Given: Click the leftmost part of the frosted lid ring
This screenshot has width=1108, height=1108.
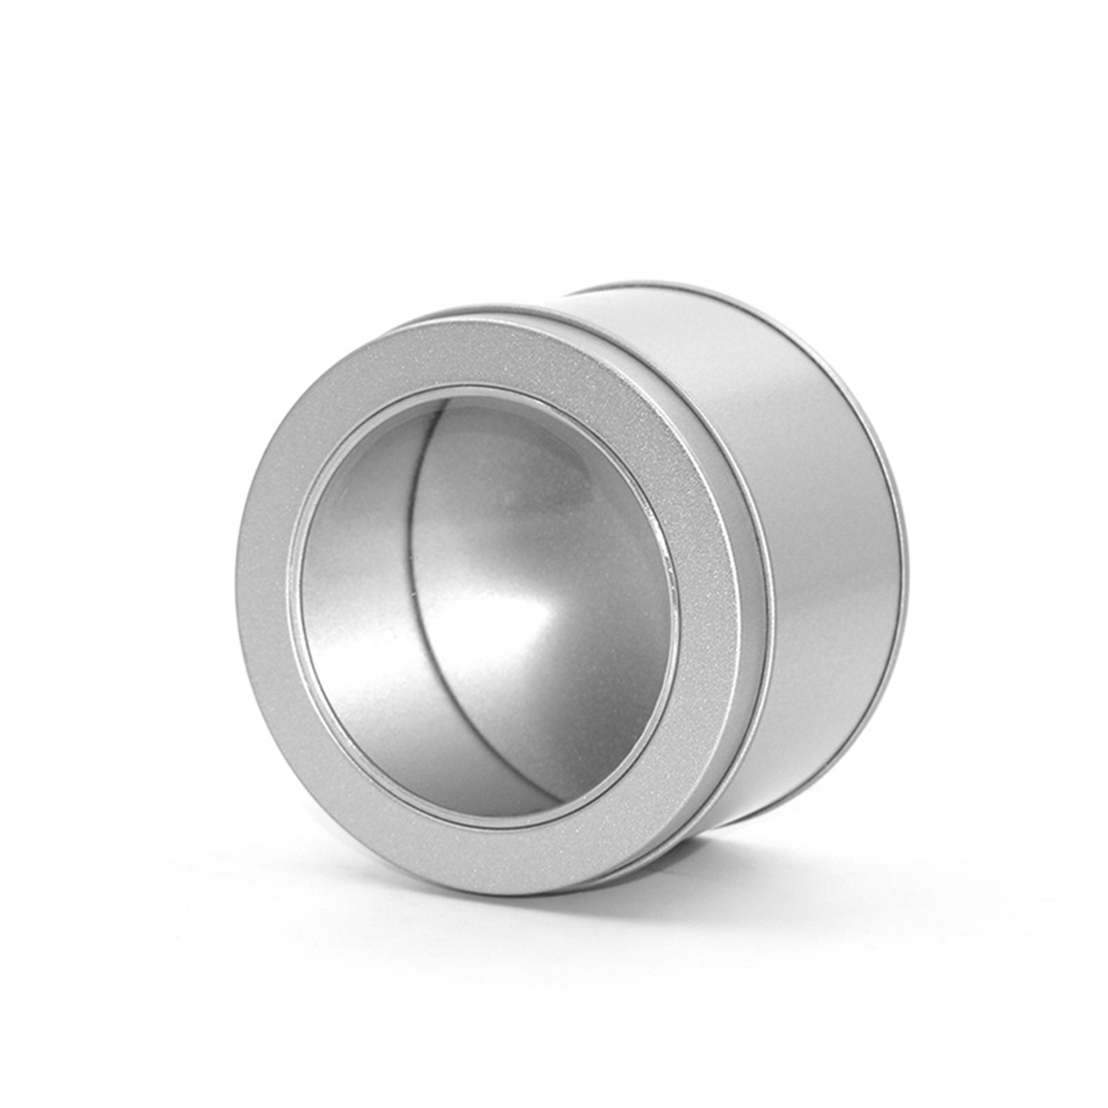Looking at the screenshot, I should pos(249,591).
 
